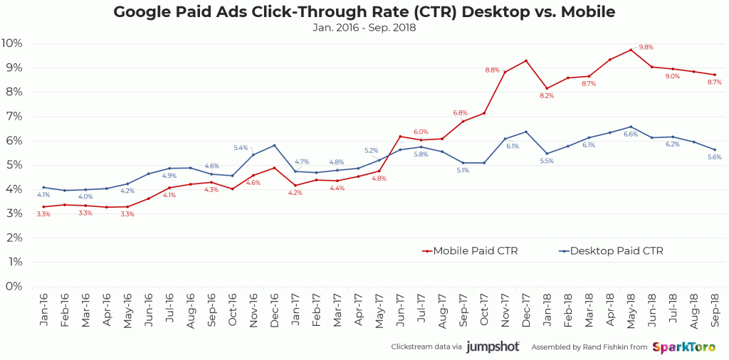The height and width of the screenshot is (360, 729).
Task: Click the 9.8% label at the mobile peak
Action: click(646, 47)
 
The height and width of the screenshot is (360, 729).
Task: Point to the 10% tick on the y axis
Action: click(13, 43)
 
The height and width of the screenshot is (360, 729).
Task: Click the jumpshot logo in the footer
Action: click(493, 347)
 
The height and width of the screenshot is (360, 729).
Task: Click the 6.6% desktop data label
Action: click(631, 134)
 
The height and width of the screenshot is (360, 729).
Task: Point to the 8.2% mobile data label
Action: click(547, 95)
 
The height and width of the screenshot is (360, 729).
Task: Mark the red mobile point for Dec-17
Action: click(526, 60)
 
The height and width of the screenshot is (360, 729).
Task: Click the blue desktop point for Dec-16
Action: click(275, 146)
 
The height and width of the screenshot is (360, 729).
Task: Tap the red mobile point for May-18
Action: click(631, 50)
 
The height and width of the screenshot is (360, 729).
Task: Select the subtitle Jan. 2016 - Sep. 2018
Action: click(364, 28)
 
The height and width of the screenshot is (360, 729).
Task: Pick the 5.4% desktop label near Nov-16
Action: click(241, 147)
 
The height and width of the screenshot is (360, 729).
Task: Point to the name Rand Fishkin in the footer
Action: click(601, 347)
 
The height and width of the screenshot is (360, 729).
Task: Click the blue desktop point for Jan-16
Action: click(44, 187)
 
